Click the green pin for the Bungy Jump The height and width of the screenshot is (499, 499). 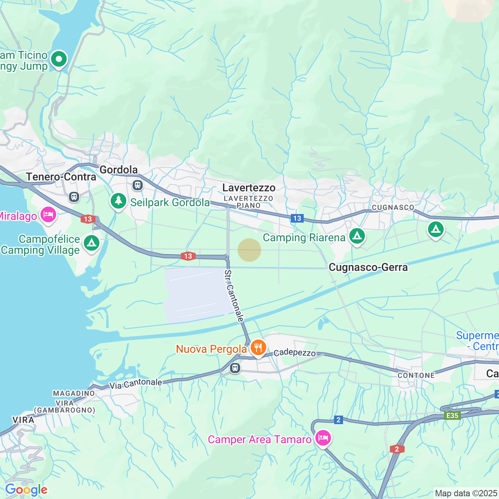point(59,60)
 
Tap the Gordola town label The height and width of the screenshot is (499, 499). point(119,170)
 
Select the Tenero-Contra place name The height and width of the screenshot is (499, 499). point(61,177)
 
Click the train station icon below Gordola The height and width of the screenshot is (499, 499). point(137,185)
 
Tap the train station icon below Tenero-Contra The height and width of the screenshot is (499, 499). point(74,197)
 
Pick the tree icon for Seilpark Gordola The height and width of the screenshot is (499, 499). point(119,201)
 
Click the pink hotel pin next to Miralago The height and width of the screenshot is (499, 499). point(48,214)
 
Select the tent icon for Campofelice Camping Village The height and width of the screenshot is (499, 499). point(92,243)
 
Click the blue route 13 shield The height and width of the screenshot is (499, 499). point(297,218)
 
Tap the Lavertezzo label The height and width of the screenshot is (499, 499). point(249,188)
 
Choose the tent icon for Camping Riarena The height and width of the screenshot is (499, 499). point(357,236)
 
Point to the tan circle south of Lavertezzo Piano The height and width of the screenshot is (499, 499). point(249,250)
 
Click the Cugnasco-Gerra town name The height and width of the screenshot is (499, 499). point(368,267)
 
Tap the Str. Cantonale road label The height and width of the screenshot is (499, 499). point(234,296)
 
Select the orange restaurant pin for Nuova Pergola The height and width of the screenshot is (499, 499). point(258,347)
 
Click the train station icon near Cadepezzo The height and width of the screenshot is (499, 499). point(235,368)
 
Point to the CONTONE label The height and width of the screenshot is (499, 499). point(416,375)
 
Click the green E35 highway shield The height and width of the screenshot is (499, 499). point(452,416)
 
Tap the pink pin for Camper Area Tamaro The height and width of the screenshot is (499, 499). point(323,438)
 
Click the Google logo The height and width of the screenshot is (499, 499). point(26,490)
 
